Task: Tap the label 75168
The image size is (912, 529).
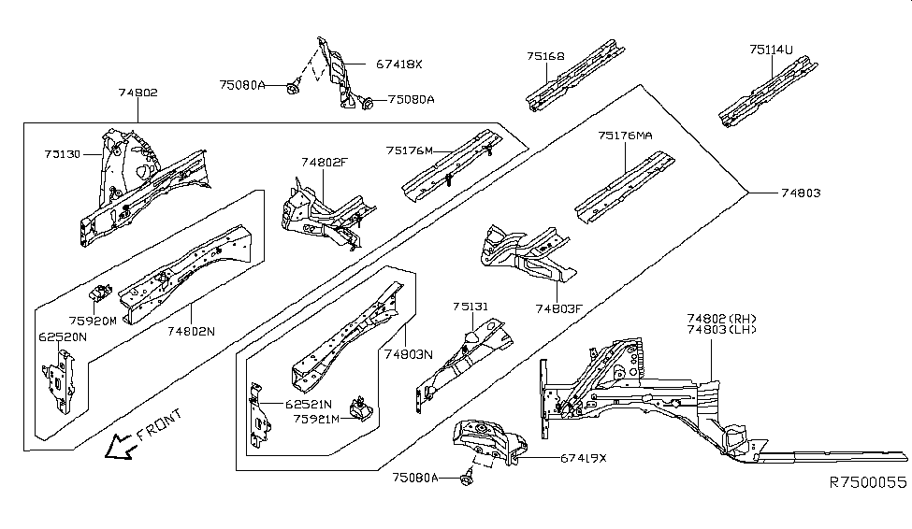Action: pos(545,56)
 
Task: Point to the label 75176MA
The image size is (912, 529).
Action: pos(625,136)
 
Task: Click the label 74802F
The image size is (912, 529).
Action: pos(324,163)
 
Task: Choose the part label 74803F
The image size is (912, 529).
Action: pos(559,307)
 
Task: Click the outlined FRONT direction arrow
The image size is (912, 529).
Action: pos(119,448)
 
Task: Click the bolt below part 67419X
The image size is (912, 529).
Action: pos(467,478)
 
